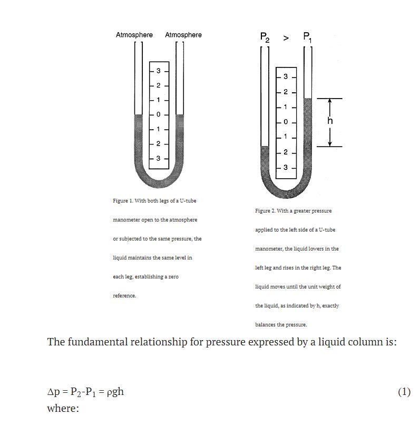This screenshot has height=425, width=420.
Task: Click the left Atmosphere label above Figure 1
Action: (x=134, y=35)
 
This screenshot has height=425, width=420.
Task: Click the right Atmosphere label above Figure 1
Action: (x=183, y=35)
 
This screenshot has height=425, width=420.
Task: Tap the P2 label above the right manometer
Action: (x=265, y=37)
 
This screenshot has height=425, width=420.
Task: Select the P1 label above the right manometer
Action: (x=308, y=37)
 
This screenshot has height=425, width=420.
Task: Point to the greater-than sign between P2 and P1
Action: (x=286, y=38)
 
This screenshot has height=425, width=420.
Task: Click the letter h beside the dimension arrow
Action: (x=330, y=121)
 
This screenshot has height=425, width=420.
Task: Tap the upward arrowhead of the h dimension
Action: (x=330, y=101)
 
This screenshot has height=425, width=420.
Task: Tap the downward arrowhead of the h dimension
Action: (x=330, y=143)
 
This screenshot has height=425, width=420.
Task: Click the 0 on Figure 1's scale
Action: (x=158, y=114)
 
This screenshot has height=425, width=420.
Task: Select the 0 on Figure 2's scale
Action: (x=286, y=122)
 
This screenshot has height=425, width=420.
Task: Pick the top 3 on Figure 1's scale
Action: (x=158, y=71)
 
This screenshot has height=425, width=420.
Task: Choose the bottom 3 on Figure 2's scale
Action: (x=286, y=167)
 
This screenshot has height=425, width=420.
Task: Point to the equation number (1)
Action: (x=404, y=392)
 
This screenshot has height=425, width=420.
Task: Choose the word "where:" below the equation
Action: (x=63, y=408)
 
